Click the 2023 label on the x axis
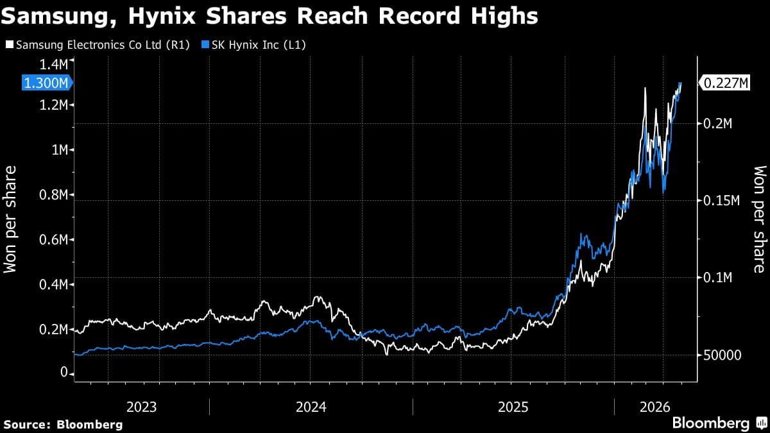coord(141,407)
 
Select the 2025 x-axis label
coord(513,407)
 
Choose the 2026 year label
coord(654,407)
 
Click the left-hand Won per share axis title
coord(11,219)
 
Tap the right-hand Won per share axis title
coord(760,219)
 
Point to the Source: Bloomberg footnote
coord(63,424)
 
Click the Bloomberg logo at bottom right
coord(719,423)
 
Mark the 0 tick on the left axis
coord(64,373)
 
